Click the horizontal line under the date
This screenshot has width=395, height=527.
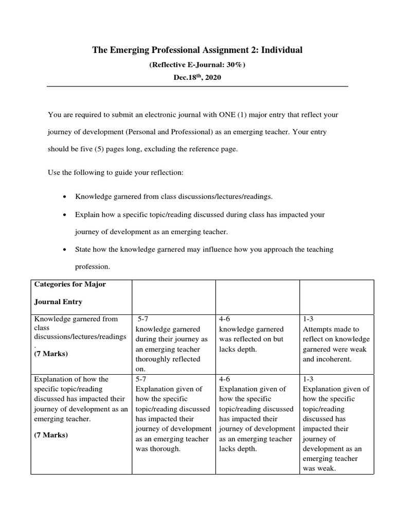(x=197, y=86)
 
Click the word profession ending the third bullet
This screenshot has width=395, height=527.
(x=92, y=267)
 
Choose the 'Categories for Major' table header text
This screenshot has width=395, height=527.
(x=69, y=284)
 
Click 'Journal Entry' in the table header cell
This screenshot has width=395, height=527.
(x=58, y=302)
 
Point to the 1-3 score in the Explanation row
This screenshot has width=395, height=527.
(x=309, y=379)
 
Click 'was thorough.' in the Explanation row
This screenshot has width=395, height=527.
(x=158, y=448)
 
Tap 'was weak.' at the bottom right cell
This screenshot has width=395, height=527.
(x=319, y=468)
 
